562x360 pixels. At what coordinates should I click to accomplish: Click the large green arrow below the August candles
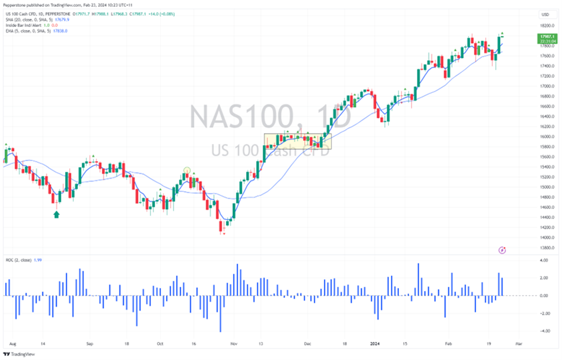pyautogui.click(x=56, y=214)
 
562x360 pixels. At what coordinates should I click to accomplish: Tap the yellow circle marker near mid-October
pyautogui.click(x=187, y=170)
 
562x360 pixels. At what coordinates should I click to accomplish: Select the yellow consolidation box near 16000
pyautogui.click(x=297, y=141)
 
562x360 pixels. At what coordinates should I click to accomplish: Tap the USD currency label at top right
pyautogui.click(x=544, y=14)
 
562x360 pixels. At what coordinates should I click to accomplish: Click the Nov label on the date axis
pyautogui.click(x=233, y=342)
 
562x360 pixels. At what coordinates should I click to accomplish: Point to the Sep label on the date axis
pyautogui.click(x=89, y=342)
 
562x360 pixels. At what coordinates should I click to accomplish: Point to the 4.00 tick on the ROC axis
pyautogui.click(x=544, y=261)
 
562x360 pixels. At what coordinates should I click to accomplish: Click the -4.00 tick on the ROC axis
pyautogui.click(x=544, y=331)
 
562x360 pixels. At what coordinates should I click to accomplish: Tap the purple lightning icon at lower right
pyautogui.click(x=502, y=250)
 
